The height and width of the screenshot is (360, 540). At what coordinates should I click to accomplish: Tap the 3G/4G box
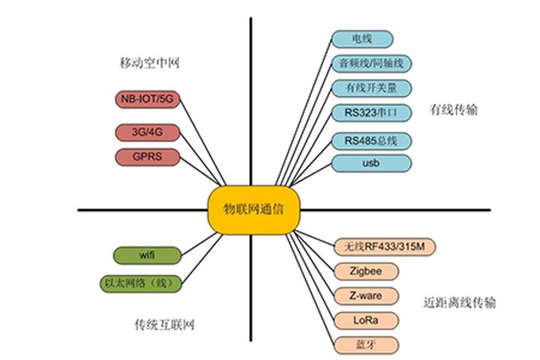[x=148, y=133]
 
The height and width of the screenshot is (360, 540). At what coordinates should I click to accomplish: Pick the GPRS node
[x=148, y=157]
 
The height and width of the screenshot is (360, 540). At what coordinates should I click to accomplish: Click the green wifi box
[x=147, y=255]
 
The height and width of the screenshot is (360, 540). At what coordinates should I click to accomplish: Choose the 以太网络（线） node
[x=141, y=283]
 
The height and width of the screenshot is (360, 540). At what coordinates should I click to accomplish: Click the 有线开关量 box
[x=372, y=88]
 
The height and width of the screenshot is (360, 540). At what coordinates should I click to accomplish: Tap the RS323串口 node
[x=371, y=113]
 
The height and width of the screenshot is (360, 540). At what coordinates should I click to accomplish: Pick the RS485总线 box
[x=371, y=140]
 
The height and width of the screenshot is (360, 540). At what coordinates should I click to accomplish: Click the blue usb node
[x=371, y=163]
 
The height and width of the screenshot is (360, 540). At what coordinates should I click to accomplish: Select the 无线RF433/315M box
[x=385, y=246]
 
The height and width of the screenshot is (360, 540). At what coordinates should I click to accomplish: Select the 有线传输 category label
[x=454, y=110]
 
